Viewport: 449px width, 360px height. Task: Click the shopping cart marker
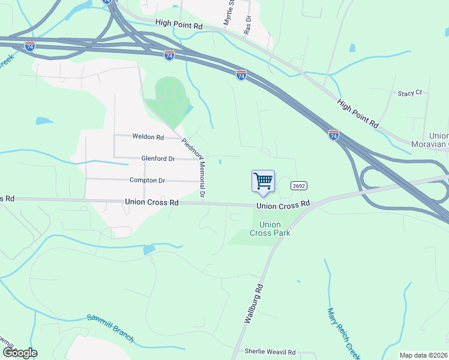[263, 181]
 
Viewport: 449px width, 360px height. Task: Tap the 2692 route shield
[300, 186]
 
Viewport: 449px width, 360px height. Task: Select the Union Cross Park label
[270, 229]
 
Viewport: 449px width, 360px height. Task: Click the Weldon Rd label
[148, 137]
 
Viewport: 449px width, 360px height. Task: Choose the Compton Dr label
[147, 180]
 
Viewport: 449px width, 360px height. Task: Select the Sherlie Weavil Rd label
[270, 352]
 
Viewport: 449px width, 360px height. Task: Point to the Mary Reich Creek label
[343, 333]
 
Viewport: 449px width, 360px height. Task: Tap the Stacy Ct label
[410, 94]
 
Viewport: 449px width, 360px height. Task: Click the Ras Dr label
[247, 25]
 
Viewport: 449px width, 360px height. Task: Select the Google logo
[20, 352]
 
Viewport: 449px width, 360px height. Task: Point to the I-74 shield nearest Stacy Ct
[333, 135]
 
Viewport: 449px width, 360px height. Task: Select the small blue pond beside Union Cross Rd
[149, 250]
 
